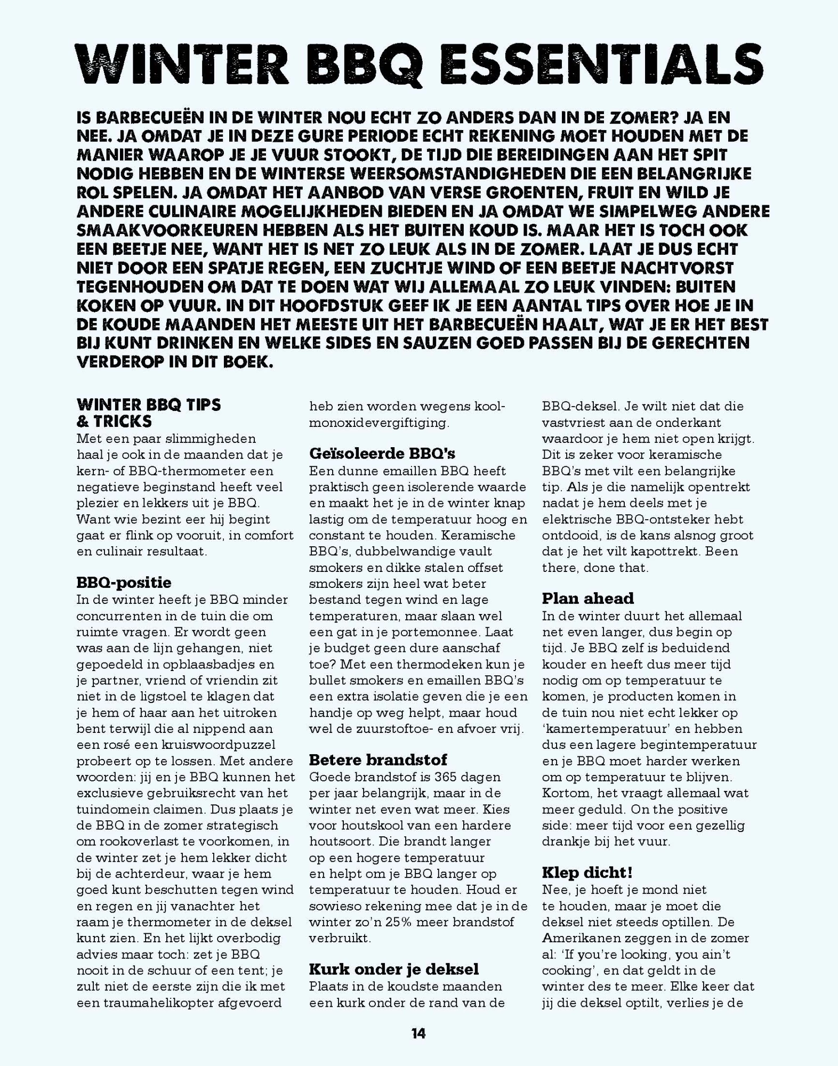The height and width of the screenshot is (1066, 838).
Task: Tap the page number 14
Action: (418, 1033)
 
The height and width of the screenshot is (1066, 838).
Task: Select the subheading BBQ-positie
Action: (124, 583)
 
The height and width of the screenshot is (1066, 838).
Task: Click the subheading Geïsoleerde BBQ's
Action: (382, 454)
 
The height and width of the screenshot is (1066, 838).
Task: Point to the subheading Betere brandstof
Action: (378, 760)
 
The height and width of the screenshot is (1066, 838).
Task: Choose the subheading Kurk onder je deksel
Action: (394, 968)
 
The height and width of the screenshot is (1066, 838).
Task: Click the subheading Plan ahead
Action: (588, 599)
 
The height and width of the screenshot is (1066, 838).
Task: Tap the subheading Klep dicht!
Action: (587, 873)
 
